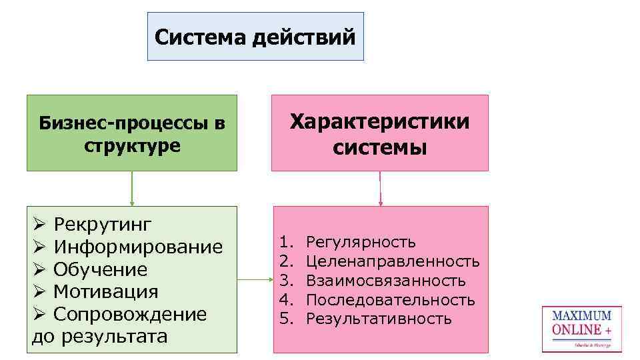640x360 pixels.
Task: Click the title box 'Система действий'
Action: pyautogui.click(x=255, y=37)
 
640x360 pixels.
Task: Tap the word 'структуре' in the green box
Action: pyautogui.click(x=132, y=145)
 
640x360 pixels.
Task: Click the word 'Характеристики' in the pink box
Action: pyautogui.click(x=380, y=122)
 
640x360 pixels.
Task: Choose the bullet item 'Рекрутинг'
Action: pyautogui.click(x=103, y=223)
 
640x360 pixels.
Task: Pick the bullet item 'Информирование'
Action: pyautogui.click(x=138, y=247)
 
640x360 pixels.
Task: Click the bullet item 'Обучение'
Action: pyautogui.click(x=100, y=269)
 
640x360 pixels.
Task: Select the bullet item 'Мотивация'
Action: pyautogui.click(x=105, y=292)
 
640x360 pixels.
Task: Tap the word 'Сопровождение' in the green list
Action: pyautogui.click(x=130, y=314)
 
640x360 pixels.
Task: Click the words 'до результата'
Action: pyautogui.click(x=100, y=336)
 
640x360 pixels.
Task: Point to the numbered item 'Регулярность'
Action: pyautogui.click(x=361, y=241)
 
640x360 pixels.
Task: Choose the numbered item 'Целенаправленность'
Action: pyautogui.click(x=393, y=261)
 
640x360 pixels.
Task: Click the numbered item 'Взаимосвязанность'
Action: pyautogui.click(x=385, y=280)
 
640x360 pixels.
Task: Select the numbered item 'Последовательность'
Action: pyautogui.click(x=390, y=300)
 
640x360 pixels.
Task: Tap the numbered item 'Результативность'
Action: pyautogui.click(x=379, y=319)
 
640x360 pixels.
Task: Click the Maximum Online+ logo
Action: pyautogui.click(x=581, y=329)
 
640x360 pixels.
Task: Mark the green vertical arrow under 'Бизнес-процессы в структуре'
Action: pyautogui.click(x=132, y=189)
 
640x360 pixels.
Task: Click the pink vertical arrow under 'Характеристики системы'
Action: pyautogui.click(x=380, y=189)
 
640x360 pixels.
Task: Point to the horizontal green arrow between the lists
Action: pyautogui.click(x=255, y=279)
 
